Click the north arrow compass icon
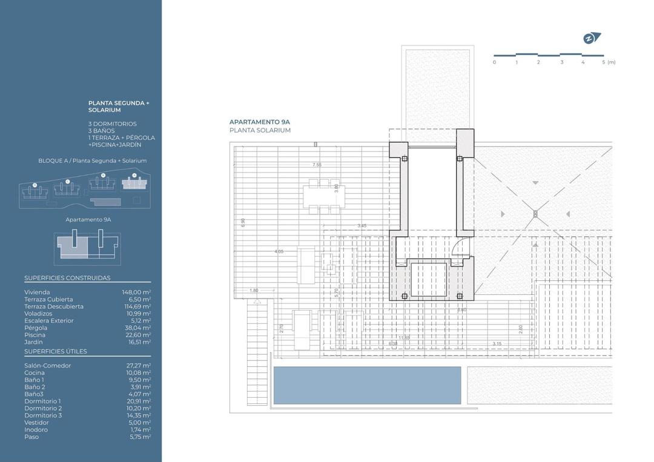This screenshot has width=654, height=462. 591,38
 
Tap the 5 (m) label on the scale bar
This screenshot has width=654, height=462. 609,62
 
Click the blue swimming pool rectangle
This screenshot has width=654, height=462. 367,386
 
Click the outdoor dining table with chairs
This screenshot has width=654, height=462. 324,196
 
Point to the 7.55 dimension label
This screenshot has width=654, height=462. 316,165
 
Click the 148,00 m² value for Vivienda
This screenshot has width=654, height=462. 136,292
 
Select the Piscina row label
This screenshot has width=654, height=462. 35,335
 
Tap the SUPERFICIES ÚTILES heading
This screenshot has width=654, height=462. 56,351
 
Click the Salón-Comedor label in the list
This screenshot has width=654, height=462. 47,366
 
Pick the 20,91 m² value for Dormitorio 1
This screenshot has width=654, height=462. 137,401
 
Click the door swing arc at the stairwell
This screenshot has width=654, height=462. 461,248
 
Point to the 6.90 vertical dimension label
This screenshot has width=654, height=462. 242,222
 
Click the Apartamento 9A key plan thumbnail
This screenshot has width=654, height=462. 87,249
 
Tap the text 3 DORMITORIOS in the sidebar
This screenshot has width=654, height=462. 113,124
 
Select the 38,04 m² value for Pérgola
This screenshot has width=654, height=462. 137,328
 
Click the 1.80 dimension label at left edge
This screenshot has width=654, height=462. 254,291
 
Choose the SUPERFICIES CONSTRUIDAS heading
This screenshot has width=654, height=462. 67,278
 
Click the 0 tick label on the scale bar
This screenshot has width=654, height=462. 494,62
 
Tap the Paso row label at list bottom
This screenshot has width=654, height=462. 31,437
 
